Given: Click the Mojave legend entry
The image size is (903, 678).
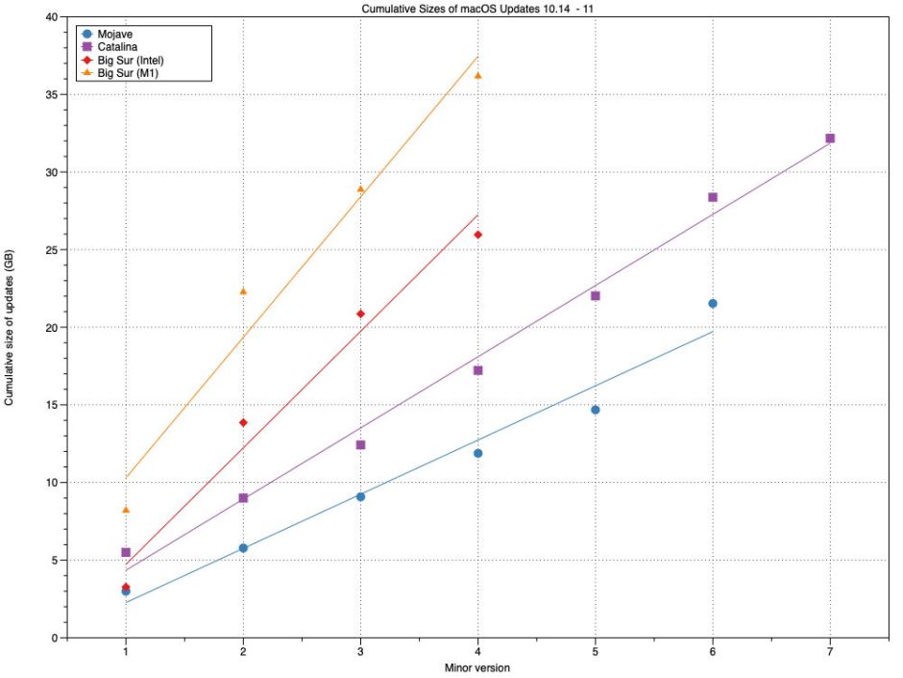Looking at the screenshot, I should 112,35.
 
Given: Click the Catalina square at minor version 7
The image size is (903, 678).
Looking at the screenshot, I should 830,138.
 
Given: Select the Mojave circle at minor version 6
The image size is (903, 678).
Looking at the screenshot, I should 713,304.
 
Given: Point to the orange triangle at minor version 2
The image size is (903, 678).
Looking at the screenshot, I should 243,291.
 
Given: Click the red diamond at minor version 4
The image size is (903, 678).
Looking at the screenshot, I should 477,235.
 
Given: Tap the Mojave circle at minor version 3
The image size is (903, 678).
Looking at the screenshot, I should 360,496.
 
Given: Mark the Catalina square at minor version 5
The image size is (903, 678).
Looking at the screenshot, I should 596,295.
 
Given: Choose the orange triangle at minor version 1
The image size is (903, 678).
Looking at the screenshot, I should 126,510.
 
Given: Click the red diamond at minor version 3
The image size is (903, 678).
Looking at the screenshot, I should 360,314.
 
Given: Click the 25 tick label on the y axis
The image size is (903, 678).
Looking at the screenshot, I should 49,250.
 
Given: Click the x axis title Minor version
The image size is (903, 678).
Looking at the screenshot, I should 477,667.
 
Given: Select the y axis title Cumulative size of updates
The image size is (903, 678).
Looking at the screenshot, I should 10,327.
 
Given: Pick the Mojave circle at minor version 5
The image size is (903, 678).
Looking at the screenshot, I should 596,410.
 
